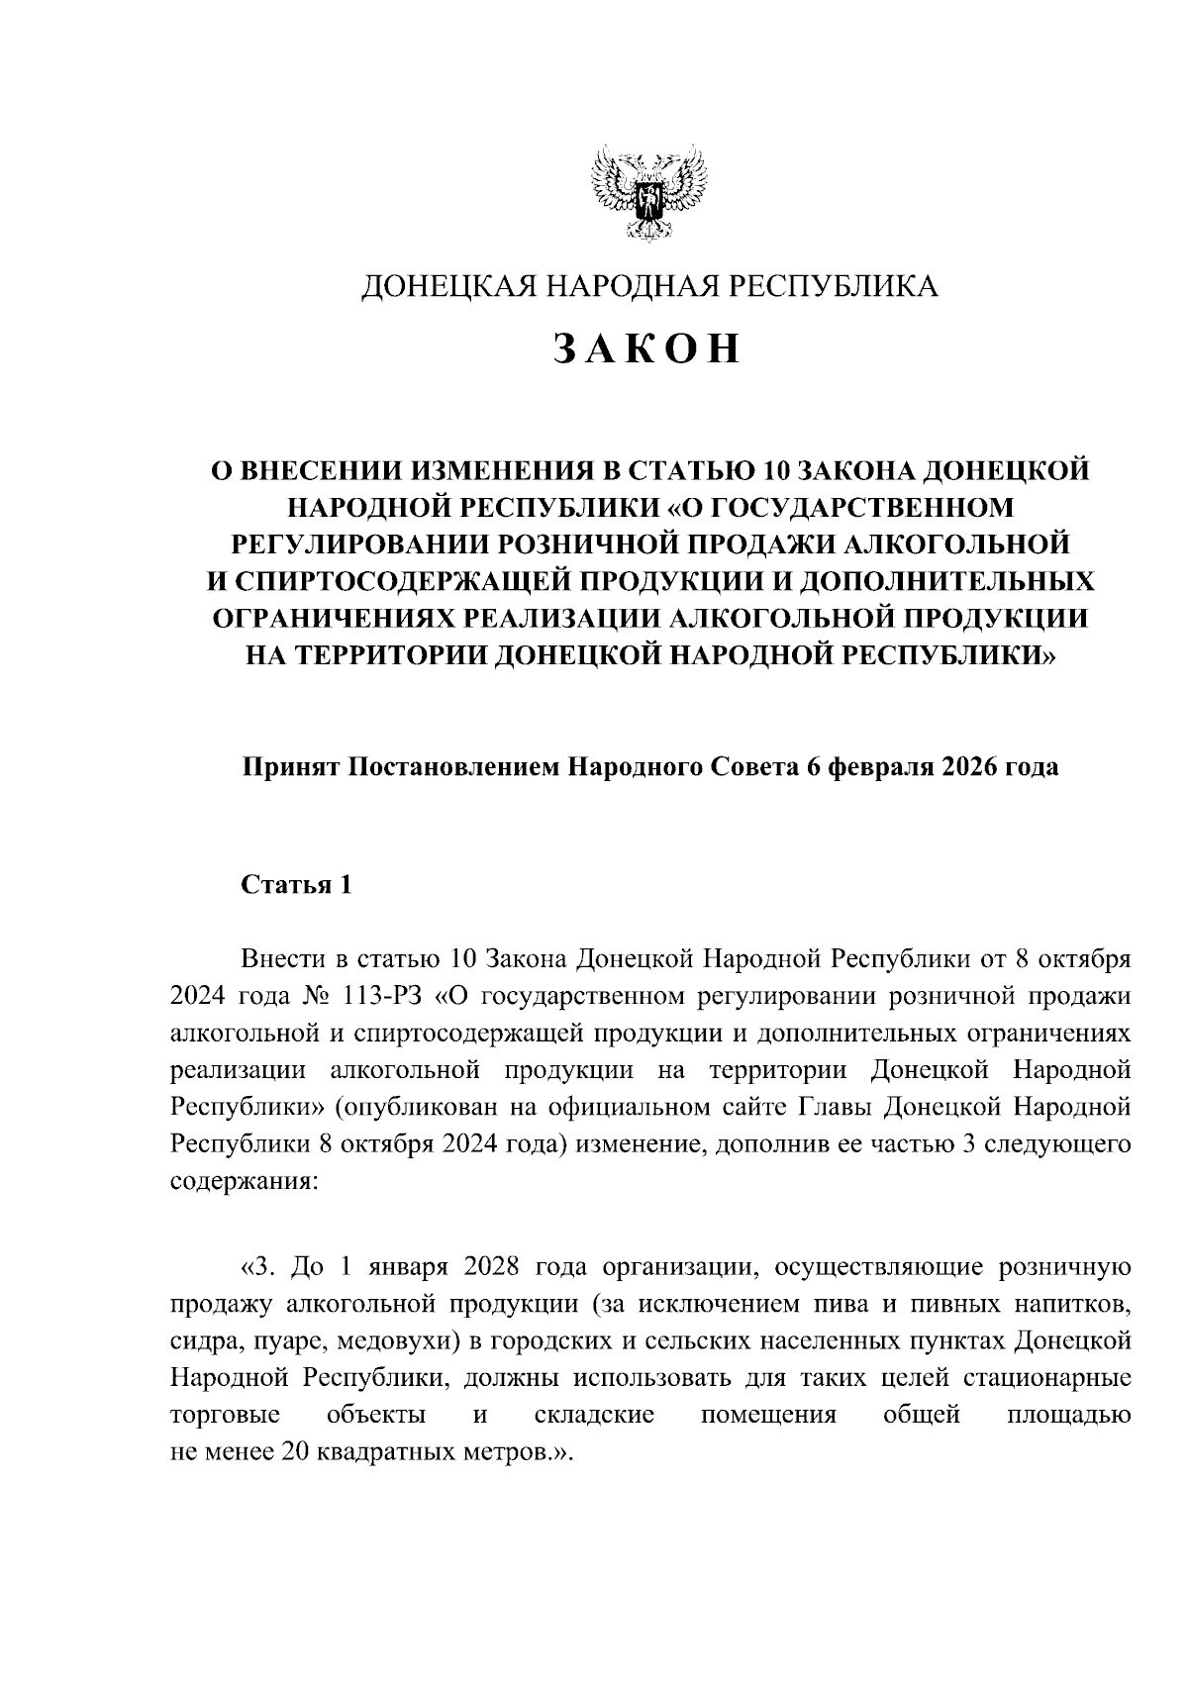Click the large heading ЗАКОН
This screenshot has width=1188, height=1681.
646,349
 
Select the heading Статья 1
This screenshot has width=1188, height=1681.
297,884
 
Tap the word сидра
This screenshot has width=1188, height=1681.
198,1341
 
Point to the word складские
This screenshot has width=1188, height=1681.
594,1415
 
